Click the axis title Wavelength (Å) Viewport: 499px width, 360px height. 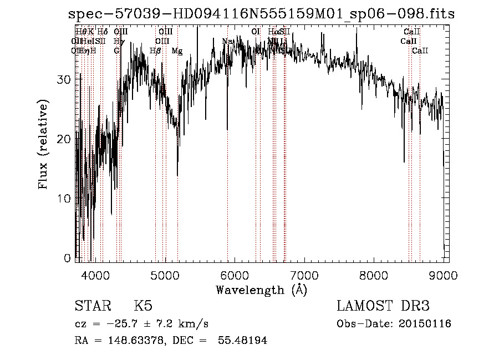(261, 290)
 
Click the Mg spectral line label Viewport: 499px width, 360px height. (177, 51)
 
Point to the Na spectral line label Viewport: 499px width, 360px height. (227, 41)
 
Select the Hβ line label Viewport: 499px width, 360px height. (156, 51)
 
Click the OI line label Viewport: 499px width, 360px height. (256, 32)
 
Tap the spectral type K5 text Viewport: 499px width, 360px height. (143, 306)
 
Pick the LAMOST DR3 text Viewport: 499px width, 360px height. (383, 306)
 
